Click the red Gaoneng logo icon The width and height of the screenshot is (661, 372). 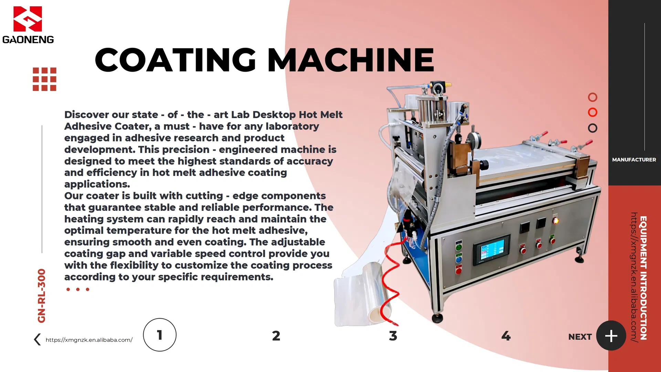click(x=28, y=19)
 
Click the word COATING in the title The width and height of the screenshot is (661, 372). click(x=175, y=60)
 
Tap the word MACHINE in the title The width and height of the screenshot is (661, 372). click(x=350, y=60)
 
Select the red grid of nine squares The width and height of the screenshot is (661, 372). click(x=44, y=79)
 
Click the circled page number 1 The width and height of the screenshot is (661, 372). click(x=160, y=335)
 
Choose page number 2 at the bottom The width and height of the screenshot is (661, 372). click(x=276, y=336)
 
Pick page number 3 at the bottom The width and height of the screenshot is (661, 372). click(x=393, y=336)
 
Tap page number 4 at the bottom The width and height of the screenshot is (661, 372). click(x=506, y=336)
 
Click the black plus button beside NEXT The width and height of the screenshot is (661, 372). click(x=611, y=336)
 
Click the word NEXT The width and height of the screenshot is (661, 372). click(x=580, y=337)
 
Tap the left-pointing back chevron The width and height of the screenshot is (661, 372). click(x=37, y=340)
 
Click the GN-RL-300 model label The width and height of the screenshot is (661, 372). click(x=42, y=296)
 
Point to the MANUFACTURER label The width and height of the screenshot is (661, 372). click(x=634, y=160)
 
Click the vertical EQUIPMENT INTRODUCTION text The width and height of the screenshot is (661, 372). click(x=643, y=278)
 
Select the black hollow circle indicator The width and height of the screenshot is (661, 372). click(x=592, y=128)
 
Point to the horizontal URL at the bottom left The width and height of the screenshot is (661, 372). click(x=89, y=340)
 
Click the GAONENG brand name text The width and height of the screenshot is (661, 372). click(x=28, y=40)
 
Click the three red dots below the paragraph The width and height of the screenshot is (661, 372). click(x=78, y=289)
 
